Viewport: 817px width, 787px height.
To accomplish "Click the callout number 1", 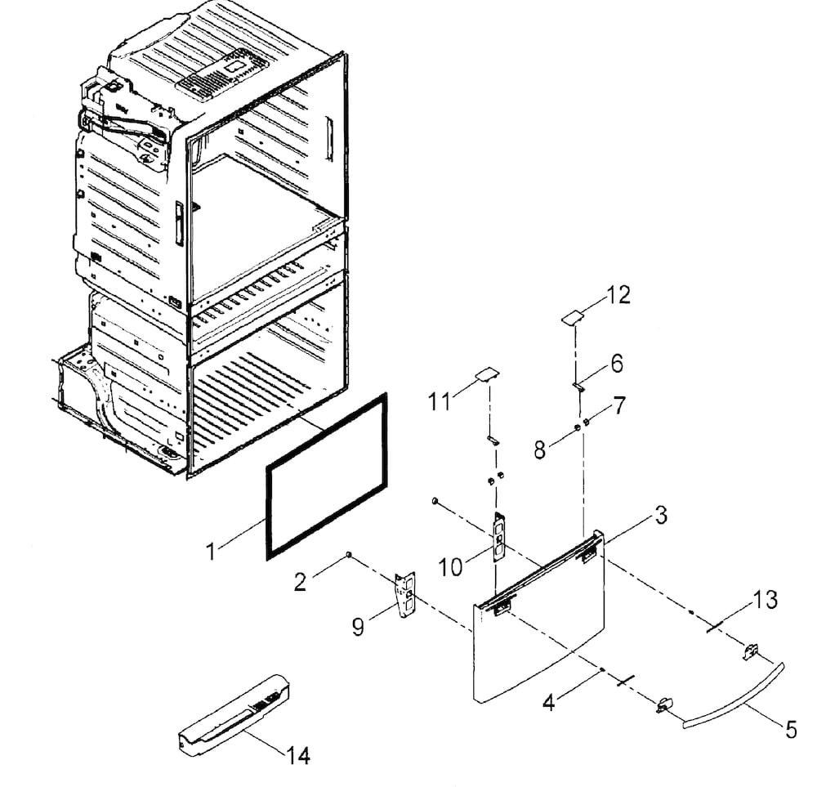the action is click(x=211, y=552).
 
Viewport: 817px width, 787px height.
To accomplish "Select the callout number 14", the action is click(x=298, y=755).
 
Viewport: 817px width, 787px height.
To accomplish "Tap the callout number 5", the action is click(x=791, y=729).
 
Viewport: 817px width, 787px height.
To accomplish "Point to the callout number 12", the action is click(x=618, y=295).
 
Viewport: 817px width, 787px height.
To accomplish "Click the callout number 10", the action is click(x=451, y=567).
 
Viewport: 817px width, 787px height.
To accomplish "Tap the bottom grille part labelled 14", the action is click(x=234, y=713).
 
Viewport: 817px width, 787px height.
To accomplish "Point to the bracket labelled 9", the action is click(x=405, y=594).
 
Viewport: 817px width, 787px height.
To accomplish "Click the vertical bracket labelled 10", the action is click(x=499, y=537).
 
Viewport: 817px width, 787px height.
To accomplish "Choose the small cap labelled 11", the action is click(x=486, y=374).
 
